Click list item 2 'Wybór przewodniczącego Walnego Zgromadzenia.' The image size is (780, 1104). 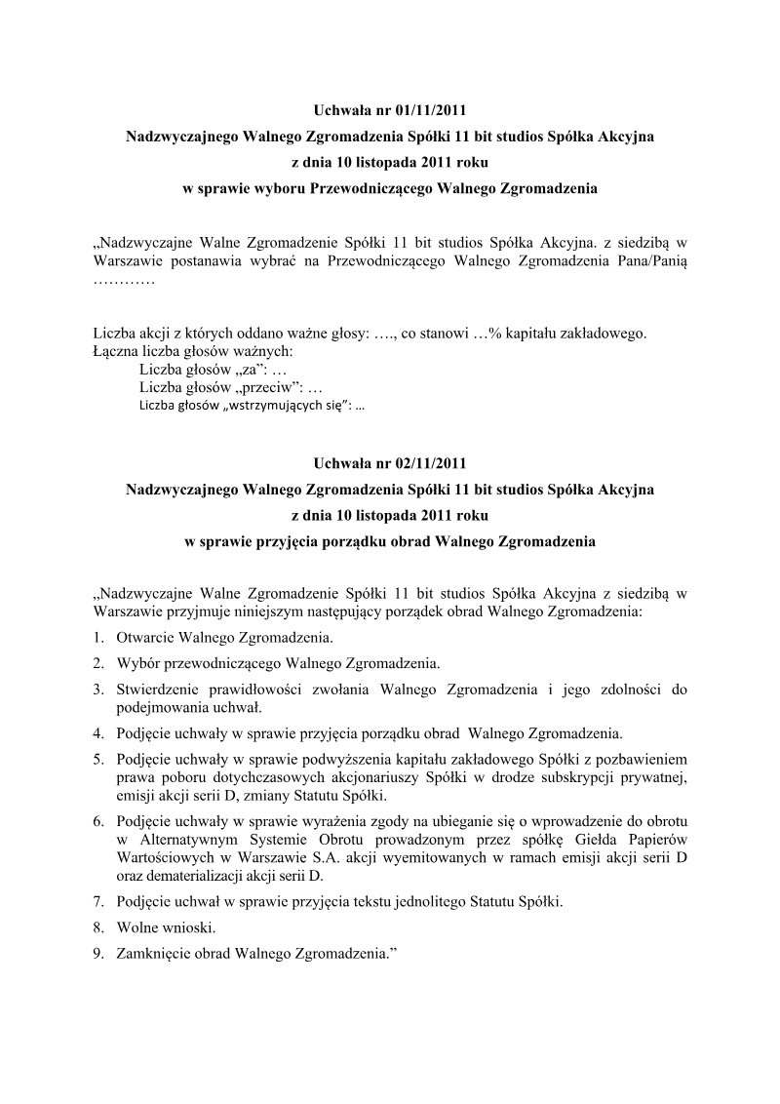tap(278, 663)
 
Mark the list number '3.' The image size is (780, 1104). tap(99, 690)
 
